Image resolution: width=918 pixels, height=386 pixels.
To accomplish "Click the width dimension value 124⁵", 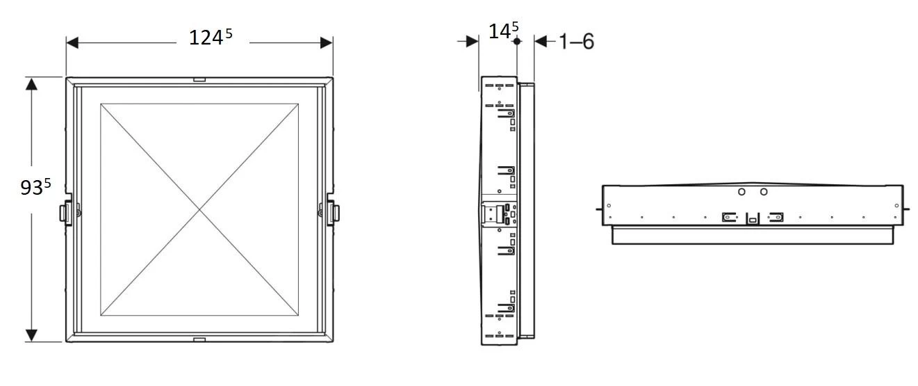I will tap(210, 38).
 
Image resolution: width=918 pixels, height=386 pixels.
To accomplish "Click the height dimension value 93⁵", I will tap(35, 187).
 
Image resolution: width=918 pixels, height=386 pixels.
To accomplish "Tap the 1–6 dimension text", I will tap(576, 42).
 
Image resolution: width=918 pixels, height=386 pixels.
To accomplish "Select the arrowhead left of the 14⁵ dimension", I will tap(472, 42).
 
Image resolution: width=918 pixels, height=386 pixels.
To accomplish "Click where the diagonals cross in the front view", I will tap(199, 209).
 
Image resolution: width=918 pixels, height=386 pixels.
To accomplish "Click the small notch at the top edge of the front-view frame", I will tap(199, 80).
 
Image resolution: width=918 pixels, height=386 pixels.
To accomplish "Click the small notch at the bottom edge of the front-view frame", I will tap(199, 339).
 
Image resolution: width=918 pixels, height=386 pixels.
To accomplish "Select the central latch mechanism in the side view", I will tap(500, 214).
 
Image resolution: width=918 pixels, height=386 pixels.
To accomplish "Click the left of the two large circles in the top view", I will tap(741, 192).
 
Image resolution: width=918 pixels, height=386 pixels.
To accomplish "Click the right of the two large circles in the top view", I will tap(764, 192).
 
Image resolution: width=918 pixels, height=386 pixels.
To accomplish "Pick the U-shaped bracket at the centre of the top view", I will tap(752, 218).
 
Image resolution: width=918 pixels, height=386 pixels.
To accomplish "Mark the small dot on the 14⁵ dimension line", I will tap(516, 42).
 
